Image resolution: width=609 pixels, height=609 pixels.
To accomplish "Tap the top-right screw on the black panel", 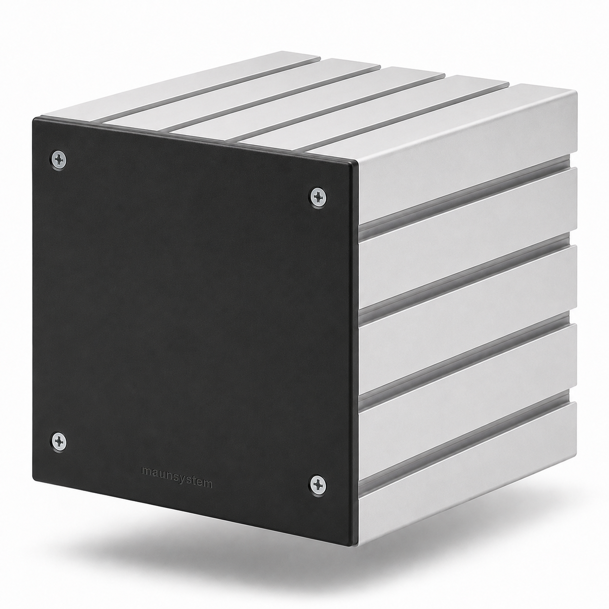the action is (318, 198).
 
